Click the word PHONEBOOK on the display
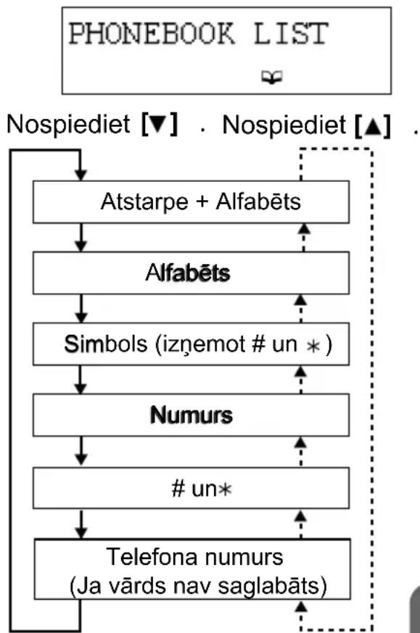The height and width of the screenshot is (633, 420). point(152,33)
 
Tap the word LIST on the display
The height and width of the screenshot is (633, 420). point(291,33)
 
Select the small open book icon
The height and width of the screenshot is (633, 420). point(272,77)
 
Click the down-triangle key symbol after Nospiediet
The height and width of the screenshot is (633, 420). point(159,124)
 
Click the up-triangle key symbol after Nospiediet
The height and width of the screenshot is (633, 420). point(373,126)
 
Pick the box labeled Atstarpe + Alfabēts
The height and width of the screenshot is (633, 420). point(191,202)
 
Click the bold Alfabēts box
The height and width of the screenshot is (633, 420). point(191,273)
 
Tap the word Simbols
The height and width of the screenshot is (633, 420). point(105,344)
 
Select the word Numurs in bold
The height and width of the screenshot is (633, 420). point(192,415)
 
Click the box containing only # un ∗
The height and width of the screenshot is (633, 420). point(191,488)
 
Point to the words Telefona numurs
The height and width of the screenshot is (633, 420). point(194,557)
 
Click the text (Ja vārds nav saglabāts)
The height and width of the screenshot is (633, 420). point(198,586)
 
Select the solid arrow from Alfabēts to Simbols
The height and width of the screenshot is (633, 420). point(81,308)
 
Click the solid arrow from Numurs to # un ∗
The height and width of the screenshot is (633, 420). point(81,450)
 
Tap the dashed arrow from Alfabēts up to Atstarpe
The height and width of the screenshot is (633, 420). point(304,238)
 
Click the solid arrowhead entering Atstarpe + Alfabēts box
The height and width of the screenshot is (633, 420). point(81,175)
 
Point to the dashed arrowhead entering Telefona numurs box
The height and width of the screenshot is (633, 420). point(301,606)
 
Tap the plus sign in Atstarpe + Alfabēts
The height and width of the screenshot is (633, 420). point(202,202)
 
